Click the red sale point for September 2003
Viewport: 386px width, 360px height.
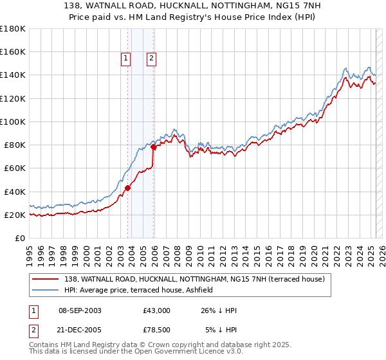(128, 188)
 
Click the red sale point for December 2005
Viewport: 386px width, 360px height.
(154, 147)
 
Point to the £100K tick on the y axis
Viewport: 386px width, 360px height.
(13, 122)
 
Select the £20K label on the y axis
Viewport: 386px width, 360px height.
(15, 215)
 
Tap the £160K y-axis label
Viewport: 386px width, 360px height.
(13, 51)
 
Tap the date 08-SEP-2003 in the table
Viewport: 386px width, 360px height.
(80, 310)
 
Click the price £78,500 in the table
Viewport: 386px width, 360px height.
(156, 330)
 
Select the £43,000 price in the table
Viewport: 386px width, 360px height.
(156, 310)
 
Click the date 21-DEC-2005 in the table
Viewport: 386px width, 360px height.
(80, 330)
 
